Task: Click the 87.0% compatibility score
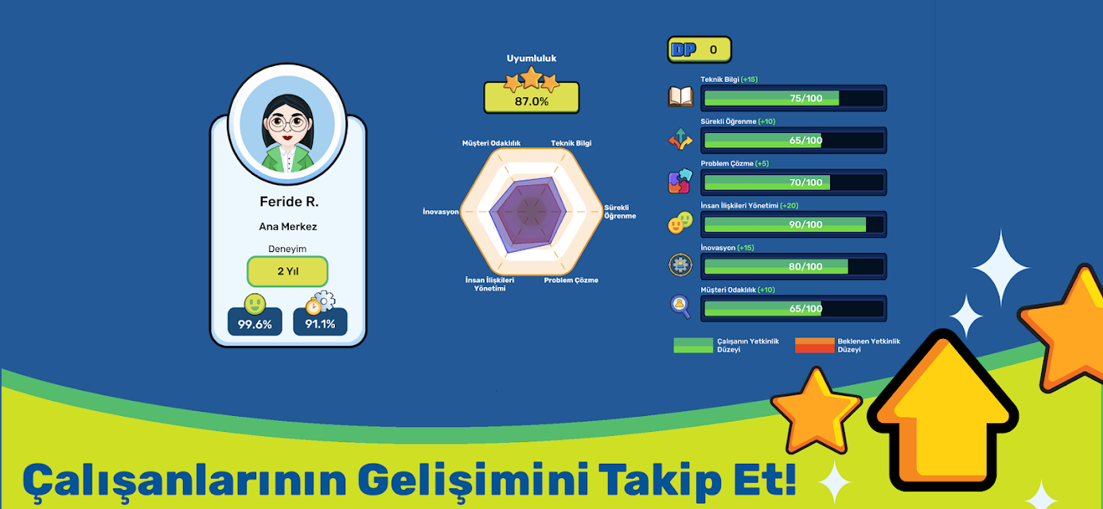coord(532,102)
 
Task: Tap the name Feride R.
coord(289,201)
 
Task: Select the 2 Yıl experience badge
coord(287,271)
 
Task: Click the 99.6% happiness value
coord(255,324)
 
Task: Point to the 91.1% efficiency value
coord(320,324)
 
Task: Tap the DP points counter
coord(700,50)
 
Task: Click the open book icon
coord(680,96)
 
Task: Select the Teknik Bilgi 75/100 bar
coord(793,99)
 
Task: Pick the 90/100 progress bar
coord(793,224)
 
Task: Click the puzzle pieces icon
coord(680,181)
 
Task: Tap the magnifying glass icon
coord(680,307)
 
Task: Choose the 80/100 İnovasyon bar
coord(793,266)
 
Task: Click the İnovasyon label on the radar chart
coord(441,212)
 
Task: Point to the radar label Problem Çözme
coord(571,280)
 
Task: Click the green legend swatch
coord(693,345)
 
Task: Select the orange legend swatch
coord(814,345)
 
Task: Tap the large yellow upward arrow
coord(942,411)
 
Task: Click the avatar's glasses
coord(287,122)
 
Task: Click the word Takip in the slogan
coord(660,479)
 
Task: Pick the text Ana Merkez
coord(288,227)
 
